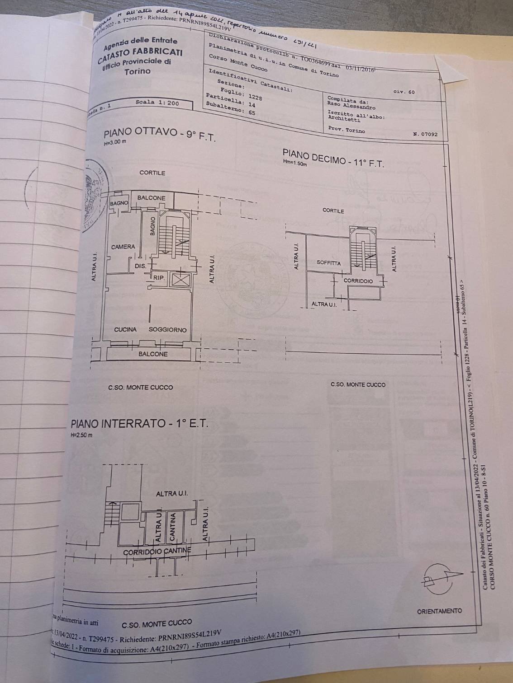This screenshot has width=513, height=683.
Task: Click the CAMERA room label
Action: pyautogui.click(x=123, y=247)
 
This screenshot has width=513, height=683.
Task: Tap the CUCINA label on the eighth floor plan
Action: pyautogui.click(x=125, y=330)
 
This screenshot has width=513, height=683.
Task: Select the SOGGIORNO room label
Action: pyautogui.click(x=167, y=330)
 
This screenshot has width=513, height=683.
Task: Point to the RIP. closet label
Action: pyautogui.click(x=159, y=278)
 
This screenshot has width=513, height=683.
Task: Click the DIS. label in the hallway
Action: pyautogui.click(x=140, y=266)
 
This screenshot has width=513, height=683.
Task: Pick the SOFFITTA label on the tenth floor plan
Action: pyautogui.click(x=329, y=262)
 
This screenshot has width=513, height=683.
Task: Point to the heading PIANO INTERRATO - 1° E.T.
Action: pyautogui.click(x=139, y=424)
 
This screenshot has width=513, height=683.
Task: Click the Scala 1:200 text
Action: pyautogui.click(x=157, y=103)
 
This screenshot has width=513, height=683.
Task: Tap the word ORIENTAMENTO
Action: pyautogui.click(x=439, y=611)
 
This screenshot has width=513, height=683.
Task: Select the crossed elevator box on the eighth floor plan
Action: pyautogui.click(x=180, y=280)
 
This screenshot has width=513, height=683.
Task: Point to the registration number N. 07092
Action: pyautogui.click(x=425, y=134)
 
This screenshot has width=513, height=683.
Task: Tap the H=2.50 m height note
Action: pyautogui.click(x=81, y=435)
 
